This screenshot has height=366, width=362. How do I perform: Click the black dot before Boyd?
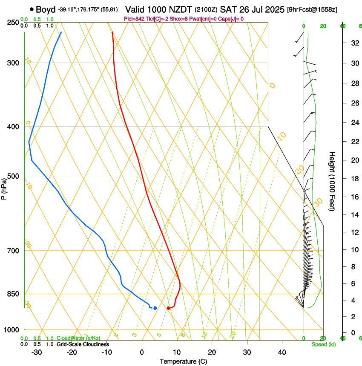tap(32, 9)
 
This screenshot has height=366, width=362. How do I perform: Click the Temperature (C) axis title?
tap(183, 361)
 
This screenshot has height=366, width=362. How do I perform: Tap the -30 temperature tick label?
tap(37, 352)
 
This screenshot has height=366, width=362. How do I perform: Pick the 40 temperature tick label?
tap(282, 352)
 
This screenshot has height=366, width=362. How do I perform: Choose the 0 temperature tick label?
tap(142, 352)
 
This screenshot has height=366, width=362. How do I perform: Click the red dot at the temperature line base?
tap(169, 308)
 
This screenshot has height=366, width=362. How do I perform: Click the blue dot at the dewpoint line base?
tap(155, 308)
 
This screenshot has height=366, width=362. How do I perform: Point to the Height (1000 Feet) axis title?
tap(332, 181)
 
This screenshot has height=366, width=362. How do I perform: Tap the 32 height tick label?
tap(353, 43)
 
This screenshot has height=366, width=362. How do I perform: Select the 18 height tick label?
tap(353, 179)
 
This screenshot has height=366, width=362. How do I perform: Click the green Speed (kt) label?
tap(323, 344)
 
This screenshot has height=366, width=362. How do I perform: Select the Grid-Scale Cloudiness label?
tap(83, 344)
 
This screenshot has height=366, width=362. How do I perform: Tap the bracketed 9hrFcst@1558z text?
tap(313, 10)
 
